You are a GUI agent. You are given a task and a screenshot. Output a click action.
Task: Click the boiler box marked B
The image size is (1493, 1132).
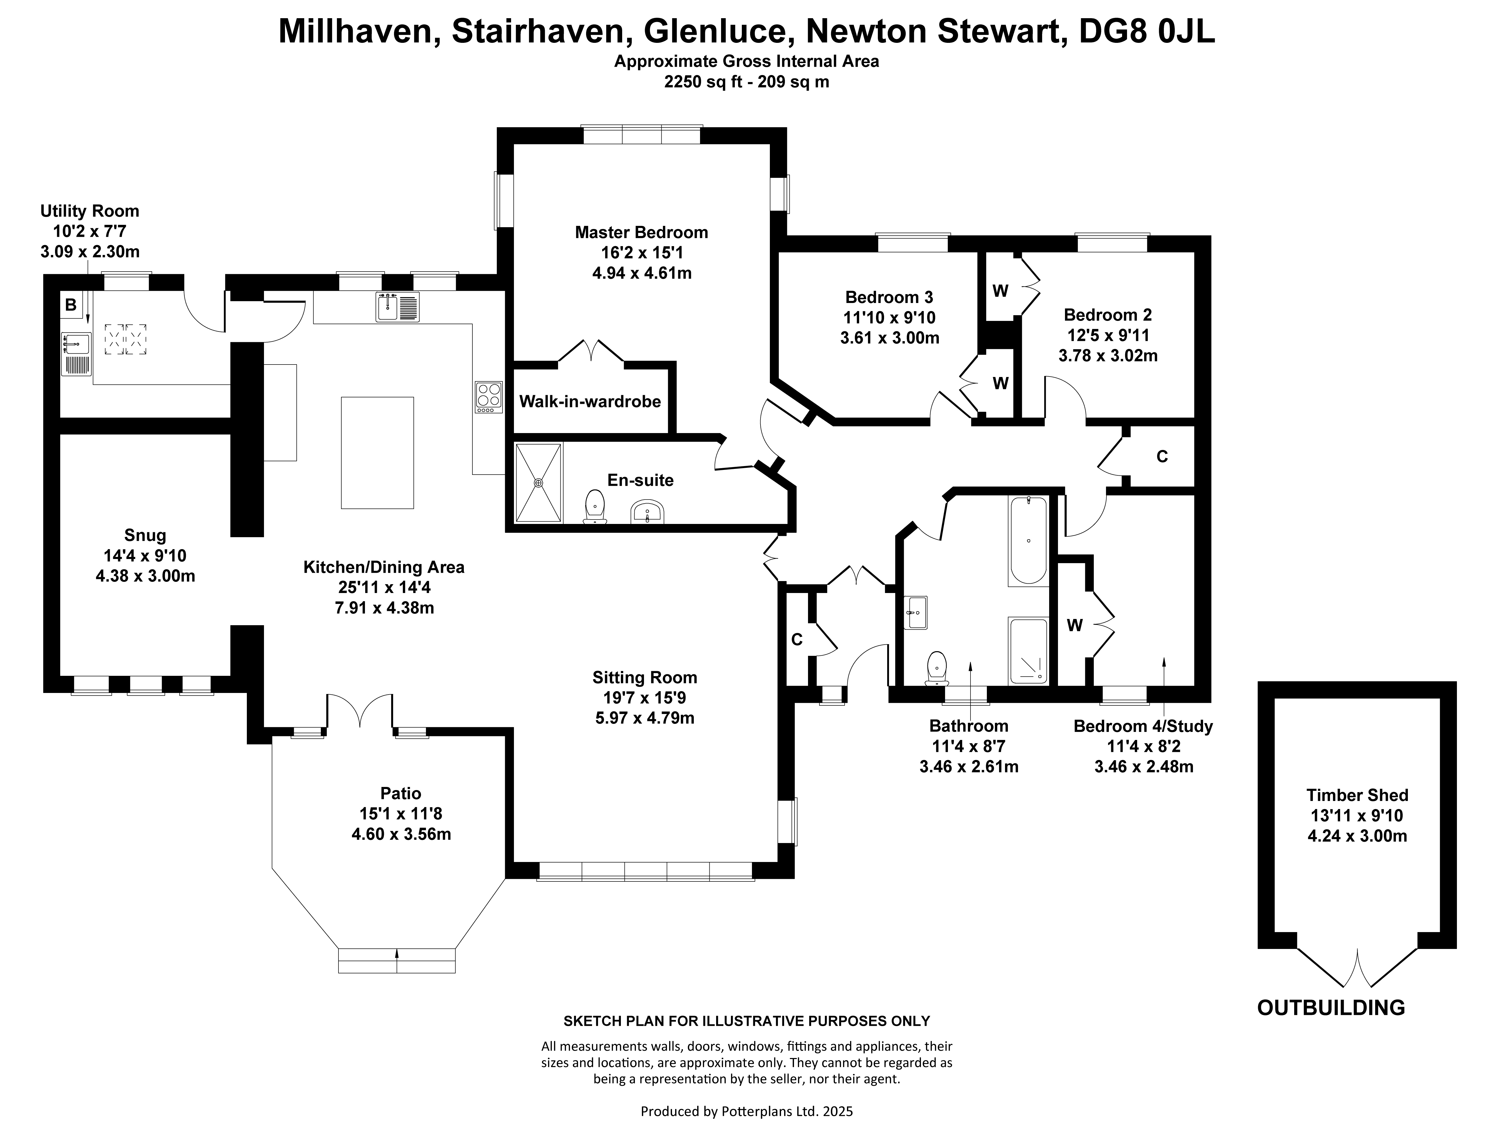70,305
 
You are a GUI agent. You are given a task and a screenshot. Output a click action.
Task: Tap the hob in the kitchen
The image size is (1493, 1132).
489,397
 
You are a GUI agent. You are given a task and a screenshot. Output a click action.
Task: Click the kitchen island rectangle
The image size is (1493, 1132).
377,452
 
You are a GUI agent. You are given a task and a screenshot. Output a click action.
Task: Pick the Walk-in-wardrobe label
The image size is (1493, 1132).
590,402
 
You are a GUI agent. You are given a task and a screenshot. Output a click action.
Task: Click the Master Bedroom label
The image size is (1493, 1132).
641,232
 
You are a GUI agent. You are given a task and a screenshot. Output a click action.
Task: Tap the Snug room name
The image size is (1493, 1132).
145,535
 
